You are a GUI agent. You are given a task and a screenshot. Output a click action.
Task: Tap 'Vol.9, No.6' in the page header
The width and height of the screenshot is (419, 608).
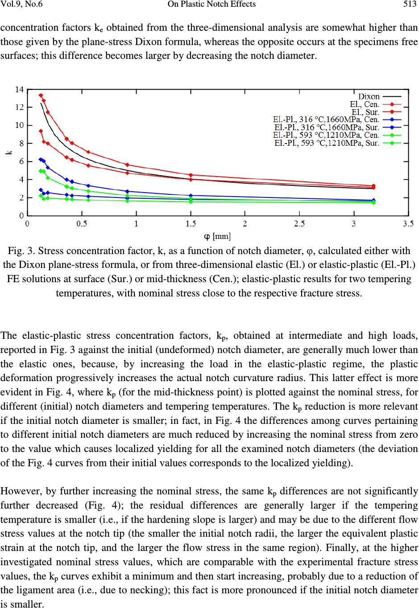pyautogui.click(x=22, y=4)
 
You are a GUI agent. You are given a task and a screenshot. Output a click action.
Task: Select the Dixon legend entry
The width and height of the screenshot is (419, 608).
pyautogui.click(x=369, y=96)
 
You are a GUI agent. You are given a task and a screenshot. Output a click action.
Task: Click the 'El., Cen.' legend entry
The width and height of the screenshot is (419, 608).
pyautogui.click(x=365, y=104)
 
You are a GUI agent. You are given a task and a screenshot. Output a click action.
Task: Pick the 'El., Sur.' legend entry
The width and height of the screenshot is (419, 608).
pyautogui.click(x=365, y=111)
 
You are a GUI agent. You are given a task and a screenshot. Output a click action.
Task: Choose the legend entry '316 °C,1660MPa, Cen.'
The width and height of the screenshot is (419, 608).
pyautogui.click(x=326, y=119)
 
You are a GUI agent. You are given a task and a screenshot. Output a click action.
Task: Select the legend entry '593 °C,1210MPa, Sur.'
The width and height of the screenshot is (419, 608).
pyautogui.click(x=326, y=143)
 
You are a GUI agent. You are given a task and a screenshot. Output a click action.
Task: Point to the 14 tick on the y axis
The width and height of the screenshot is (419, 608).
pyautogui.click(x=20, y=90)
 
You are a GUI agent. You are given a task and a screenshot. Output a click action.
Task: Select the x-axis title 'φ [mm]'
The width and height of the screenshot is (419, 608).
pyautogui.click(x=217, y=235)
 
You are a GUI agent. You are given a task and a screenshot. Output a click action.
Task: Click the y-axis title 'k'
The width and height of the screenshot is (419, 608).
pyautogui.click(x=8, y=152)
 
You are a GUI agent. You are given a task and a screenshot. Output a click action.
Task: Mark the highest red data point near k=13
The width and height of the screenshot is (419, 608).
pyautogui.click(x=41, y=95)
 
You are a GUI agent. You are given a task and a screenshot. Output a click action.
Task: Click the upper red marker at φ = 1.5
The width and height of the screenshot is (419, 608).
pyautogui.click(x=191, y=175)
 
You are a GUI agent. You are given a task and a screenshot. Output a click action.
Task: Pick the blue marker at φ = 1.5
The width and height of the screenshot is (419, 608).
pyautogui.click(x=191, y=196)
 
